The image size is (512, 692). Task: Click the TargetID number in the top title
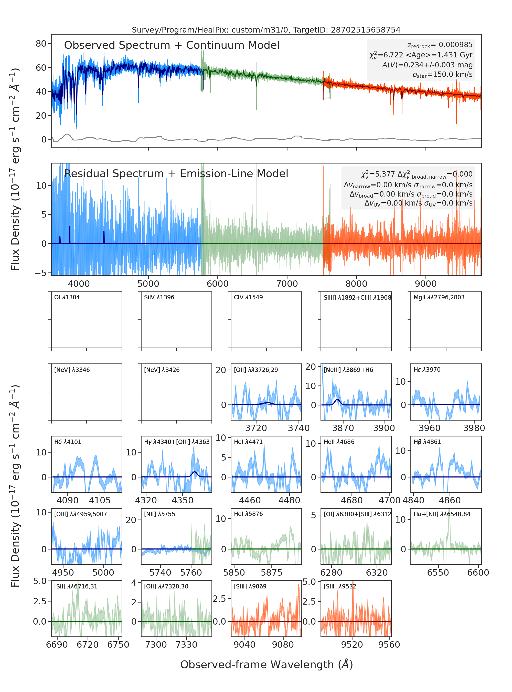tap(366, 30)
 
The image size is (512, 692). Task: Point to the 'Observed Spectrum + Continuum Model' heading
tap(172, 45)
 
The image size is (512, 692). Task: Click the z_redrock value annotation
tap(440, 45)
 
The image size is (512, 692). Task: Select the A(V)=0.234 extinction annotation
tap(427, 65)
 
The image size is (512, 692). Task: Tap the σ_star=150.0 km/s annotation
tap(443, 75)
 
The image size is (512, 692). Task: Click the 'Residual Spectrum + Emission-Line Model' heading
tap(176, 174)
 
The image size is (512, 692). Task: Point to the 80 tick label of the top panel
tap(41, 44)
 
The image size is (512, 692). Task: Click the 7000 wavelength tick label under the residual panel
tap(287, 284)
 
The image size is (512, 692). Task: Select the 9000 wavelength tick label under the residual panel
tap(426, 284)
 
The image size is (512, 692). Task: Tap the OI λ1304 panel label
tap(67, 297)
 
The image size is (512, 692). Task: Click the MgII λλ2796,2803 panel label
tap(439, 297)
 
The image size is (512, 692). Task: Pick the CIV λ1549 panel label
tap(248, 297)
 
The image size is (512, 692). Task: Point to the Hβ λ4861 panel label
tap(427, 442)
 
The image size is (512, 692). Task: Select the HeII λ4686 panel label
tap(339, 442)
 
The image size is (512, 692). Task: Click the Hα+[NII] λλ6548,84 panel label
tap(442, 514)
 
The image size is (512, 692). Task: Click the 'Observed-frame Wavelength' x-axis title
tap(266, 665)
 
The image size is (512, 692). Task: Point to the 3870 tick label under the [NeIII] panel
tap(343, 428)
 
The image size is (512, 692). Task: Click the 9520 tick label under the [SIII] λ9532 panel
tap(352, 645)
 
